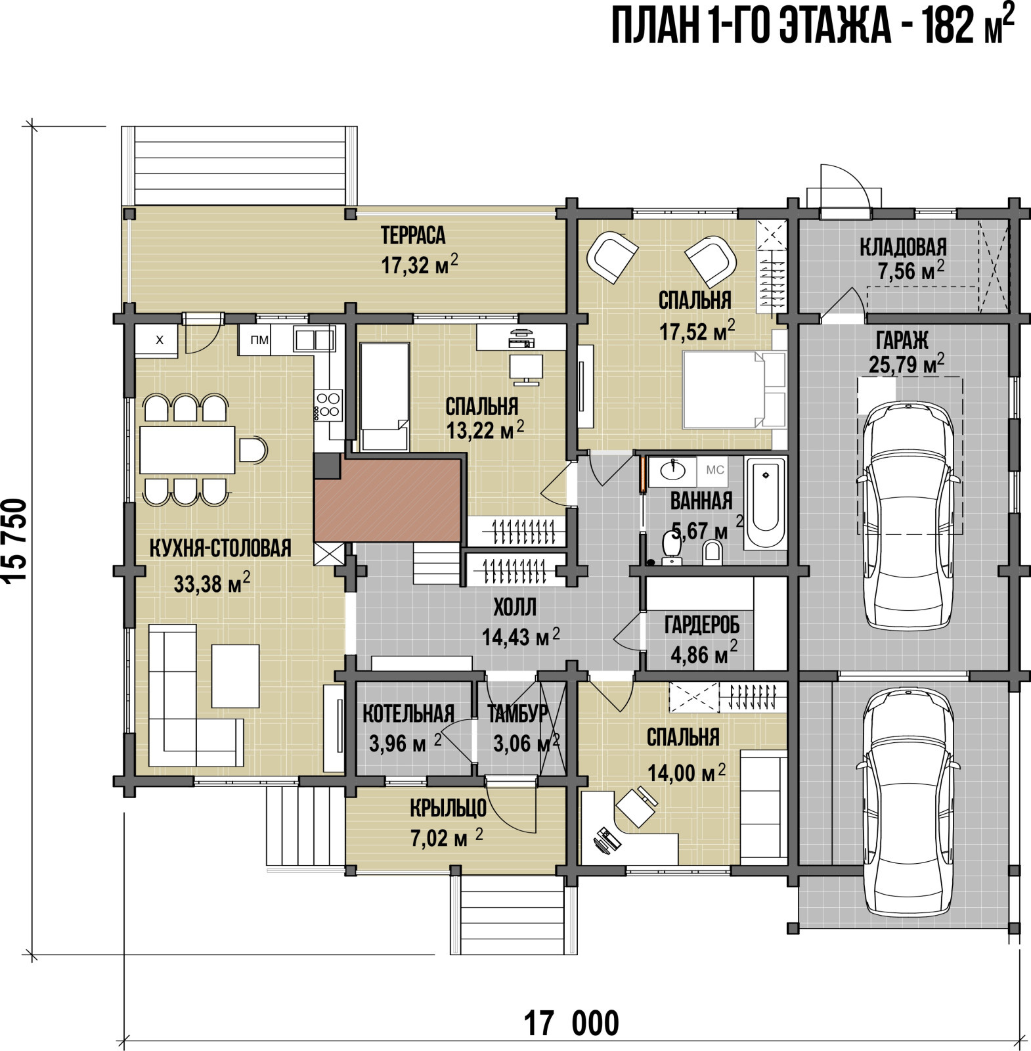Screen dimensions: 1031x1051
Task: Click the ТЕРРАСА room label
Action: coord(413,235)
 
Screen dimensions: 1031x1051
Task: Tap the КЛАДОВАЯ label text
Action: coord(904,247)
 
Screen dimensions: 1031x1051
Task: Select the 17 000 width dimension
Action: coord(571,1023)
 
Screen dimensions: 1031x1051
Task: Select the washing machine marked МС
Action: coord(715,470)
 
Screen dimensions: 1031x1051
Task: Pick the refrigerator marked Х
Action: coord(156,341)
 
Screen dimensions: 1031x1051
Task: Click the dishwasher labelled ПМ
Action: coord(259,340)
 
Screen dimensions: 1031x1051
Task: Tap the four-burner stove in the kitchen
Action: coord(328,405)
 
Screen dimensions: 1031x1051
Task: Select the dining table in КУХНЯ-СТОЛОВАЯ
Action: coord(187,450)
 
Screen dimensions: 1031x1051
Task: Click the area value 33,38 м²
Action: coord(211,583)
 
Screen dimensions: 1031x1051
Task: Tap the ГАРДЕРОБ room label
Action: coord(701,625)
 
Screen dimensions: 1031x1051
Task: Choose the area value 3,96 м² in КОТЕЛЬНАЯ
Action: coord(405,743)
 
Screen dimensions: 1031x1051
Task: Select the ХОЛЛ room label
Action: coord(515,608)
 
